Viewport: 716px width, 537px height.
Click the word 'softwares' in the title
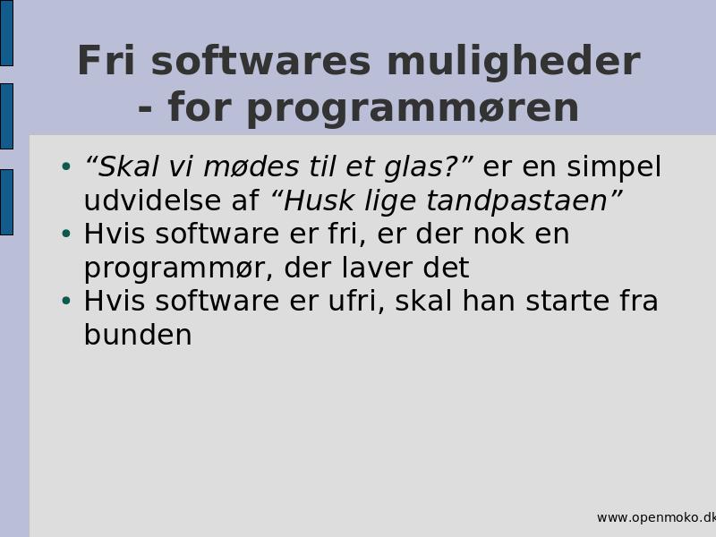260,61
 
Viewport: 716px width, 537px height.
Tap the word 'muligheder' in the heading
514,63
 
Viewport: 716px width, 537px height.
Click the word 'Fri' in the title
107,60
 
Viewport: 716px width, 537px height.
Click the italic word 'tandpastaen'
517,200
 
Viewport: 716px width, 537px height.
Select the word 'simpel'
614,167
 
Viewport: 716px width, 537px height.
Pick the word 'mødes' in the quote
251,166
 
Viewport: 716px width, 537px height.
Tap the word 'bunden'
138,335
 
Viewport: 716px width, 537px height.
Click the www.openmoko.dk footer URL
656,518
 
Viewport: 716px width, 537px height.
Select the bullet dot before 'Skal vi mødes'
66,166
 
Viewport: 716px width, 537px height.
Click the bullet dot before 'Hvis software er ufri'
66,301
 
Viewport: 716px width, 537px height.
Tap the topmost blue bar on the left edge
6,33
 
